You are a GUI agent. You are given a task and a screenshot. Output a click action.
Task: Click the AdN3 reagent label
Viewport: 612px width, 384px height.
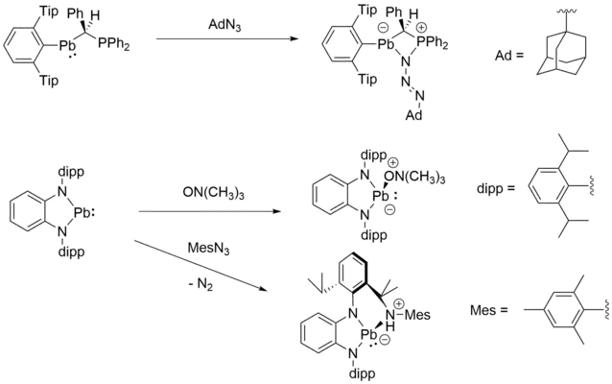(x=224, y=25)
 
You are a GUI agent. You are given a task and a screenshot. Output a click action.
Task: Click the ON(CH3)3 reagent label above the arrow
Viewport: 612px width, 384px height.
(x=214, y=193)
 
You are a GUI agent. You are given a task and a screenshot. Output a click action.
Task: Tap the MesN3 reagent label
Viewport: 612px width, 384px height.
(x=208, y=248)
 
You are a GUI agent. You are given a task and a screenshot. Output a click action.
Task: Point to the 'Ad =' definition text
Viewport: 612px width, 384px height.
(x=509, y=55)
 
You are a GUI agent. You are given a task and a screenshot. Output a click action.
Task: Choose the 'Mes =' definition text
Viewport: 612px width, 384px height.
(x=489, y=310)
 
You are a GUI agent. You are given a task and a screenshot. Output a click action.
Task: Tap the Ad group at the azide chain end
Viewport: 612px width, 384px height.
(x=413, y=115)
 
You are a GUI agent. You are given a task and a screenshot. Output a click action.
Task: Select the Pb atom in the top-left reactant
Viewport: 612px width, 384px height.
(x=67, y=45)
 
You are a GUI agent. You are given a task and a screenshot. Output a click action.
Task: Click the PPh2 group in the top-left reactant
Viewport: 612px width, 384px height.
(x=113, y=44)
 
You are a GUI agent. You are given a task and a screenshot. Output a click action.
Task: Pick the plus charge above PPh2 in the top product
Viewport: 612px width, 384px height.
(x=423, y=28)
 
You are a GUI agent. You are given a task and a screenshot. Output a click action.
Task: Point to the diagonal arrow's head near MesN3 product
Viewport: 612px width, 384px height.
(x=263, y=289)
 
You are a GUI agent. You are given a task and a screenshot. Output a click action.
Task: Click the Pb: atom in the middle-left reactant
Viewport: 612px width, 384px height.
(x=84, y=214)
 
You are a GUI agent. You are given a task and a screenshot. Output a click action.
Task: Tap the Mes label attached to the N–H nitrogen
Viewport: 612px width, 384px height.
(x=417, y=315)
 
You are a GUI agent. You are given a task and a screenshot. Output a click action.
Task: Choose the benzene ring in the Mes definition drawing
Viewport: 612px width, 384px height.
(x=560, y=310)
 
